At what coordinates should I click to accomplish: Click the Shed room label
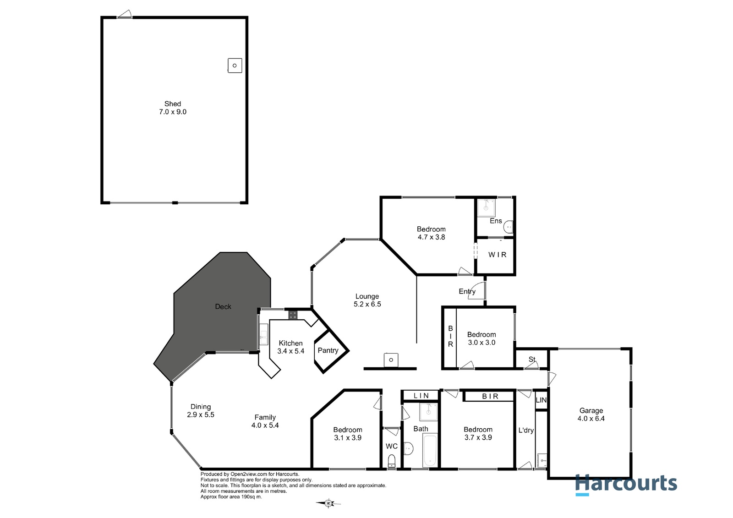coord(172,104)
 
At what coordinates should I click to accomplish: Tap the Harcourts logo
coord(626,484)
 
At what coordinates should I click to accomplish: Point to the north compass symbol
coord(328,503)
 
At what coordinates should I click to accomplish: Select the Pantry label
coord(328,350)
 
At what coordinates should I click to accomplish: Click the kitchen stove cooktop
coord(293,315)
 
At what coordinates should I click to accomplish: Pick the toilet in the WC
coord(392,461)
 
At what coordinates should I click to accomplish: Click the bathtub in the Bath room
coord(430,450)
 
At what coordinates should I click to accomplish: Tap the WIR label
coord(498,255)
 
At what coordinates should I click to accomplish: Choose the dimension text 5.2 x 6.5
coord(367,304)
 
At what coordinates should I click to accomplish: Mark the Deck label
coord(223,306)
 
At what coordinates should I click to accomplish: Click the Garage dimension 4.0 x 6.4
coord(591,419)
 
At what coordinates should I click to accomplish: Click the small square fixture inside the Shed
coord(235,65)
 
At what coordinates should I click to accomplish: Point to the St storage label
coord(532,359)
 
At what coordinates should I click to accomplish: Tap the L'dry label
coord(526,431)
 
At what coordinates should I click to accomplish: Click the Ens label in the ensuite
coord(496,221)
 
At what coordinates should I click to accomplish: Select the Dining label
coord(201,407)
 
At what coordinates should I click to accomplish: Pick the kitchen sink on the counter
coord(263,334)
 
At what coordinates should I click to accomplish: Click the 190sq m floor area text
coord(252,497)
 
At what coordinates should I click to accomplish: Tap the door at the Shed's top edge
coord(124,14)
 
